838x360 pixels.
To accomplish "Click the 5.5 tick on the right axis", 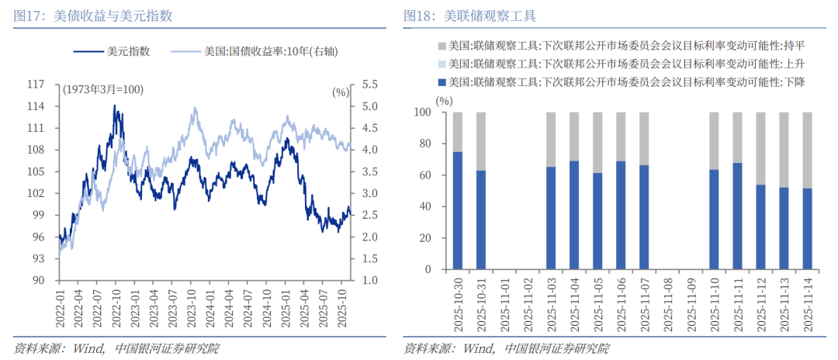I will [x=369, y=84].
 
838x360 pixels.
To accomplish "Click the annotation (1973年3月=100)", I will [x=103, y=90].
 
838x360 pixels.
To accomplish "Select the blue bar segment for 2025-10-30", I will [x=458, y=210].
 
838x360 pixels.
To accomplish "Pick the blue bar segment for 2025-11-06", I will [x=621, y=215].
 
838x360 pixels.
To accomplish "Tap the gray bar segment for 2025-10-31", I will [x=481, y=141].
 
